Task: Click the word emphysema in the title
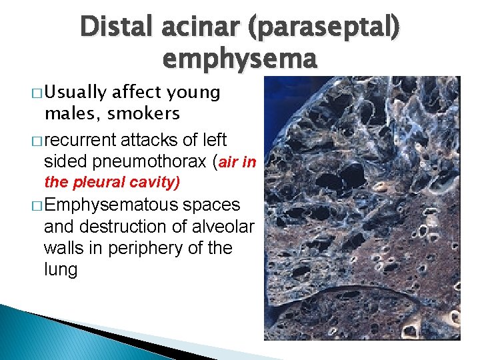click(x=238, y=59)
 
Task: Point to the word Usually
click(x=76, y=93)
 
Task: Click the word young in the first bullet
click(x=195, y=93)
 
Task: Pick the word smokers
click(x=144, y=114)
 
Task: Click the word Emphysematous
click(x=111, y=205)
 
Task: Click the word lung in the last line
click(x=60, y=269)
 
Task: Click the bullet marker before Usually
click(x=37, y=93)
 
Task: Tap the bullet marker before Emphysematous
click(x=37, y=205)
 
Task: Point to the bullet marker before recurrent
click(x=37, y=140)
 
